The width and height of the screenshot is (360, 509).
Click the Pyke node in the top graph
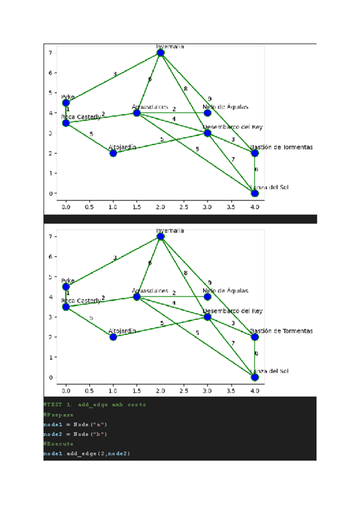click(x=66, y=103)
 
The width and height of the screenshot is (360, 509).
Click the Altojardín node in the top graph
click(x=113, y=153)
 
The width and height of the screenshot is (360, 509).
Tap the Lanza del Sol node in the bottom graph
click(x=254, y=377)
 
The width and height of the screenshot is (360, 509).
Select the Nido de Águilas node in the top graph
click(x=208, y=113)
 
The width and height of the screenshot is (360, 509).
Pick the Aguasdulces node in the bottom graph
click(x=137, y=297)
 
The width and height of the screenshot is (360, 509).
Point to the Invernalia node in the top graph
click(x=160, y=53)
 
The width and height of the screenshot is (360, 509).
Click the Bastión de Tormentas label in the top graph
click(x=281, y=147)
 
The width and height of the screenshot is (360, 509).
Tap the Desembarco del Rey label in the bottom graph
click(x=233, y=311)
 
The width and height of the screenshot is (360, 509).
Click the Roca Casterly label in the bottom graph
click(x=81, y=301)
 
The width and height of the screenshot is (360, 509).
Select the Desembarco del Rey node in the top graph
click(x=208, y=133)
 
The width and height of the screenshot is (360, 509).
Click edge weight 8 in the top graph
click(x=185, y=89)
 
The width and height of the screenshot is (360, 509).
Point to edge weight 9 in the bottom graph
click(x=209, y=283)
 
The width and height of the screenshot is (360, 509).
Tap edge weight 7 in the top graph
click(x=233, y=159)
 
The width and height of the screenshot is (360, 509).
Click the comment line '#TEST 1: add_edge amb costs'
click(x=94, y=405)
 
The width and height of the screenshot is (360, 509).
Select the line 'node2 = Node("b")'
click(x=75, y=433)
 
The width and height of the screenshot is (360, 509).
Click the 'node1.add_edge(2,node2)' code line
click(x=86, y=453)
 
